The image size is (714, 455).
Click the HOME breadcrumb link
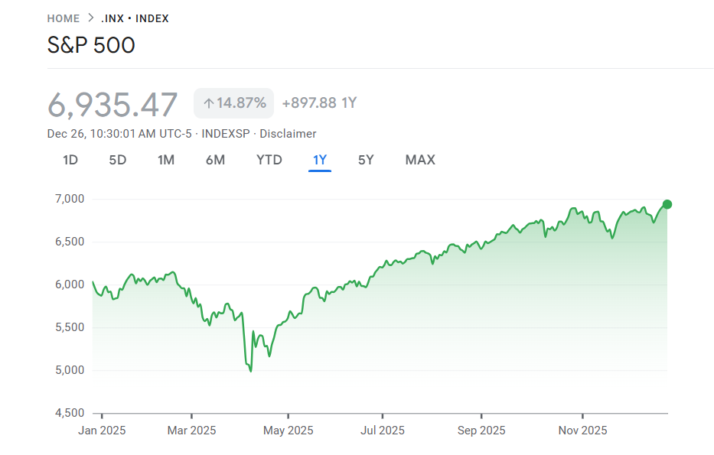(63, 18)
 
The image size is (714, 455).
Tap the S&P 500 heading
(91, 45)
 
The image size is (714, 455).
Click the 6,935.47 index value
(112, 104)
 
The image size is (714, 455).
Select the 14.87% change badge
(234, 103)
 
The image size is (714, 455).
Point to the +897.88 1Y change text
(319, 103)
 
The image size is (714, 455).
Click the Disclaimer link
(288, 134)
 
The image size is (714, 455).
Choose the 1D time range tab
(70, 160)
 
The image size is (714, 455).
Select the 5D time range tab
(117, 160)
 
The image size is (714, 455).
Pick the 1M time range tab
(166, 160)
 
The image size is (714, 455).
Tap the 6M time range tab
(215, 160)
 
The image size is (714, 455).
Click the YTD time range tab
(269, 160)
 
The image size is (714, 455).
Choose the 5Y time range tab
(366, 160)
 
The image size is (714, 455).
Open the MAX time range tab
(420, 160)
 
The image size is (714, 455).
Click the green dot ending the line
(667, 204)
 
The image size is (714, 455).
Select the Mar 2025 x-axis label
(191, 431)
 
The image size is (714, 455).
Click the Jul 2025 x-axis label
(382, 431)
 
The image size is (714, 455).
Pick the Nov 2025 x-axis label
(582, 431)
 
